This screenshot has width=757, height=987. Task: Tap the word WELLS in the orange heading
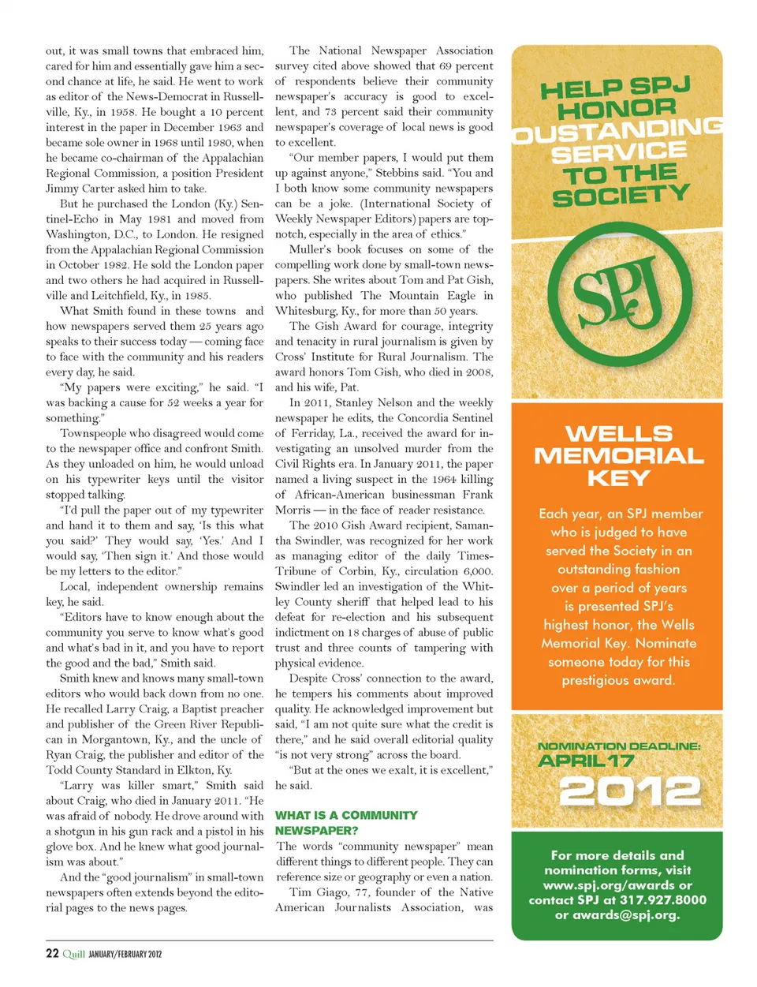(x=619, y=433)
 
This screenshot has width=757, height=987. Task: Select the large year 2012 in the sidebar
(x=629, y=791)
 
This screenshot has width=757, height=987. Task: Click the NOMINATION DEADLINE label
(x=618, y=746)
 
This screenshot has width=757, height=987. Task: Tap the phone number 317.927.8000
(x=662, y=899)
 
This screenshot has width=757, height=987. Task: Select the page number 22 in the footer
(x=52, y=953)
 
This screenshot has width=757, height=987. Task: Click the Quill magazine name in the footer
(x=73, y=954)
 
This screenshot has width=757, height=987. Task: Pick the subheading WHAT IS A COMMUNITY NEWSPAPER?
(x=346, y=822)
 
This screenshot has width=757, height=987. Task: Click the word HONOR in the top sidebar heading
(x=617, y=109)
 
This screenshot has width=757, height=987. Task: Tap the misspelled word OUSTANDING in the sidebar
(x=617, y=130)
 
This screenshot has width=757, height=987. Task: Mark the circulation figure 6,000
(x=478, y=571)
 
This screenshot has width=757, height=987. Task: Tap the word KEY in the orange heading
(x=619, y=478)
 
